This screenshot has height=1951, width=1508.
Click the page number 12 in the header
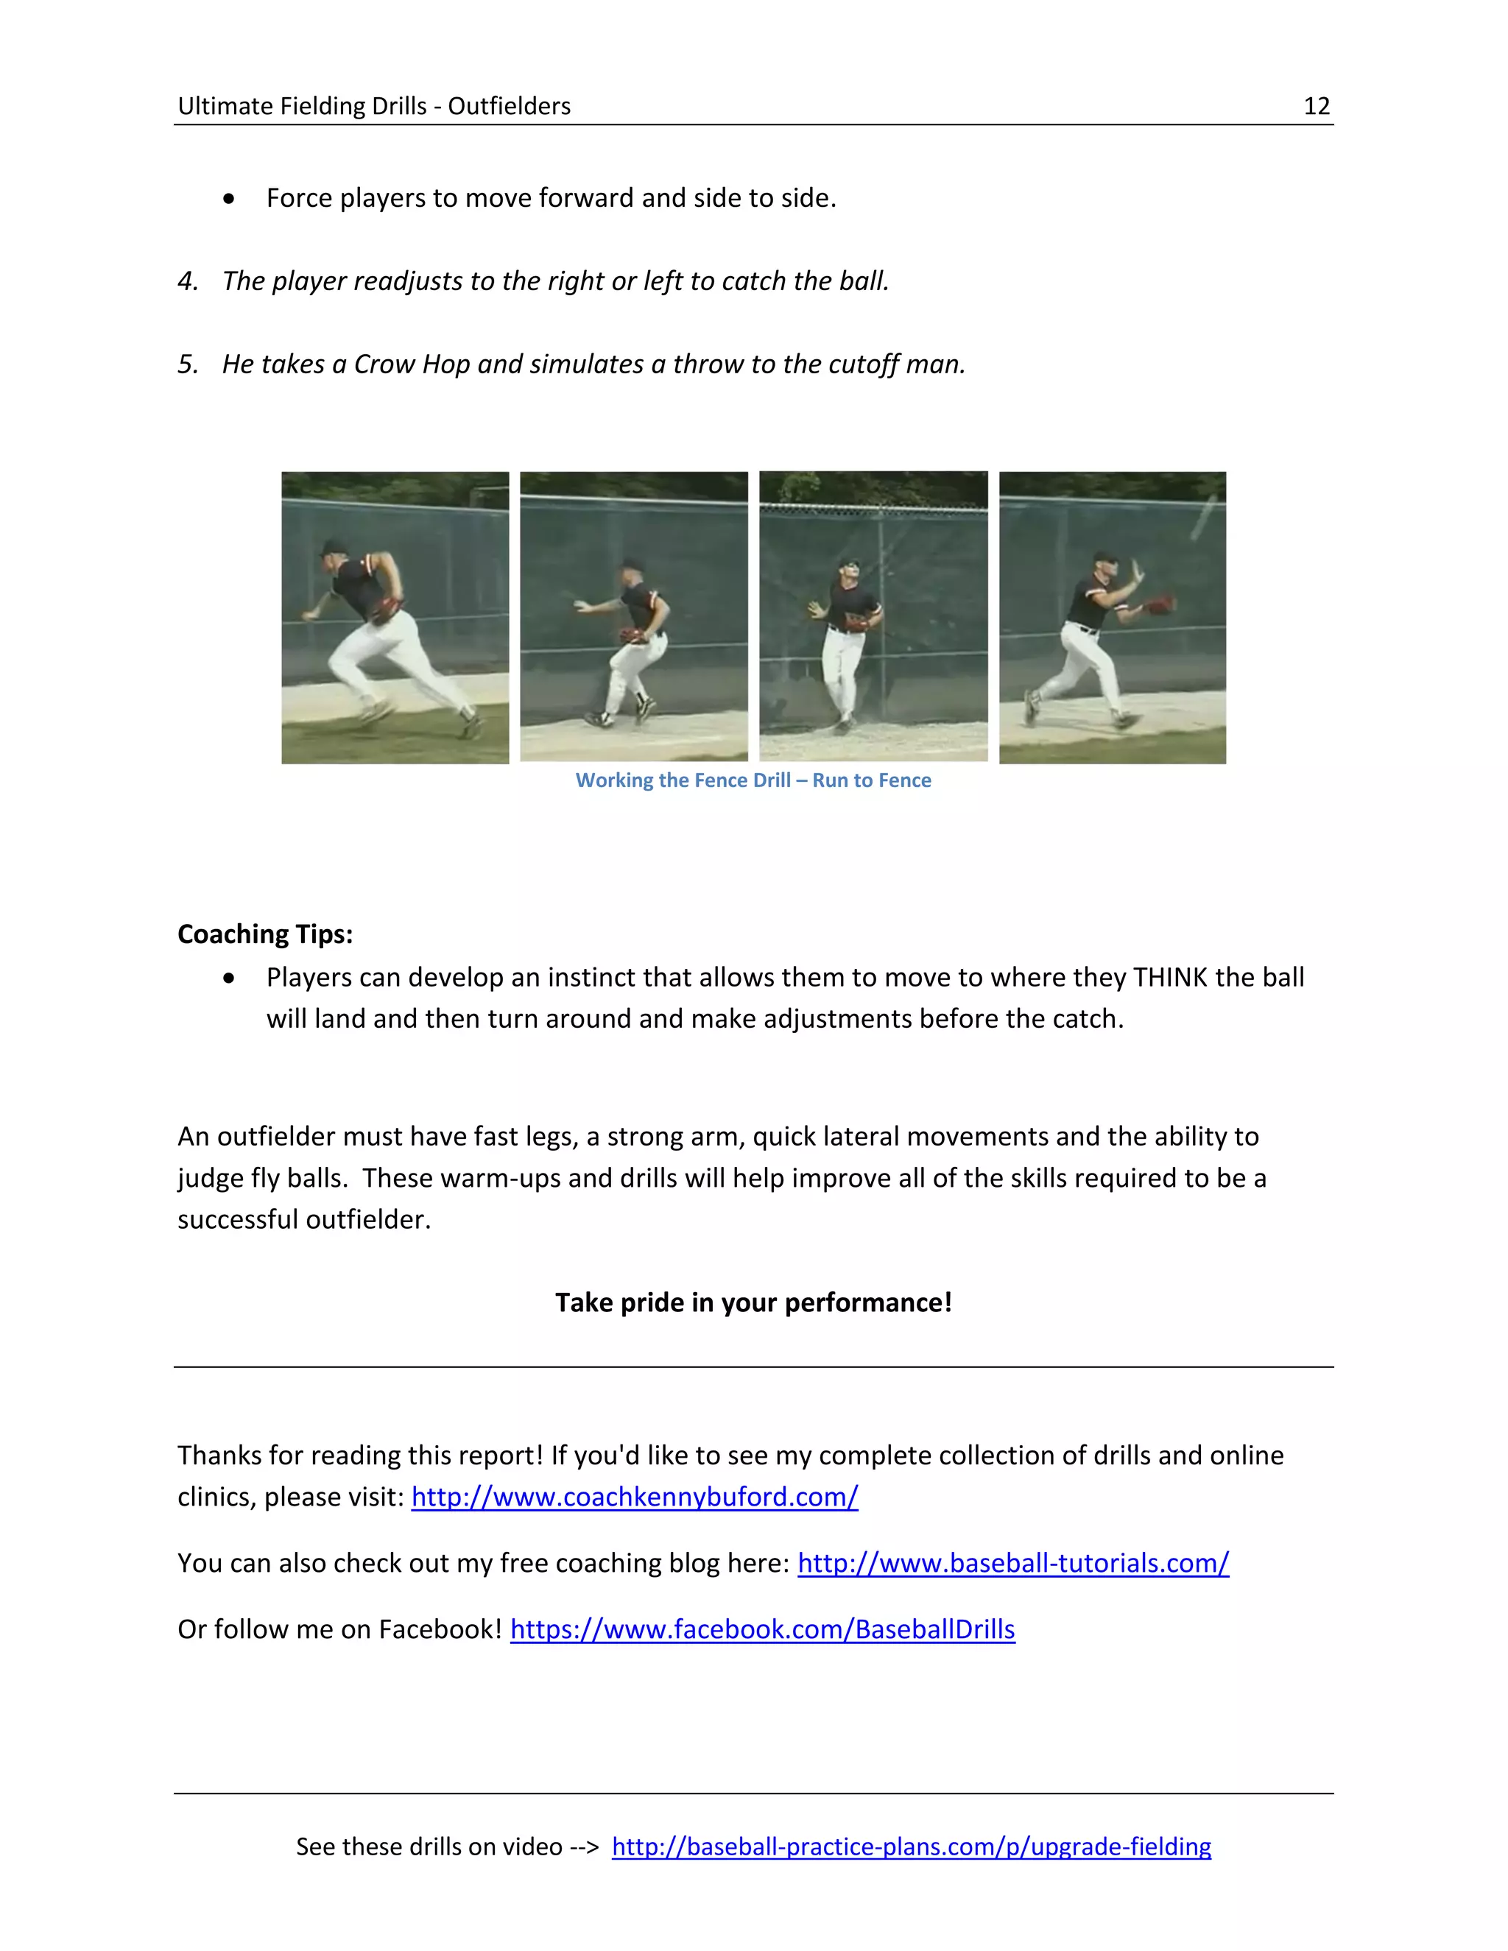click(x=1316, y=106)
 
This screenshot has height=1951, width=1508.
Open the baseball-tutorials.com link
click(x=1012, y=1562)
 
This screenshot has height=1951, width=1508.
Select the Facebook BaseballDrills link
click(x=762, y=1629)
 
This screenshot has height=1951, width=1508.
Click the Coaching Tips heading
click(x=265, y=934)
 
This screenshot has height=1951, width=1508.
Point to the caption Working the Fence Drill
click(x=753, y=780)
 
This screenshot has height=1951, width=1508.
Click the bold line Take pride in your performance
click(x=753, y=1302)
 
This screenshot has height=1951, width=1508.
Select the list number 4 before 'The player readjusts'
click(x=188, y=281)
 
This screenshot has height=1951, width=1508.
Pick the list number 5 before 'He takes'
click(x=188, y=364)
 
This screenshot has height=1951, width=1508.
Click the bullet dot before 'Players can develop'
click(x=230, y=978)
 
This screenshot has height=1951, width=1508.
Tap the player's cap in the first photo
click(x=334, y=547)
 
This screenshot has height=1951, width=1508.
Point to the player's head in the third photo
click(x=849, y=569)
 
